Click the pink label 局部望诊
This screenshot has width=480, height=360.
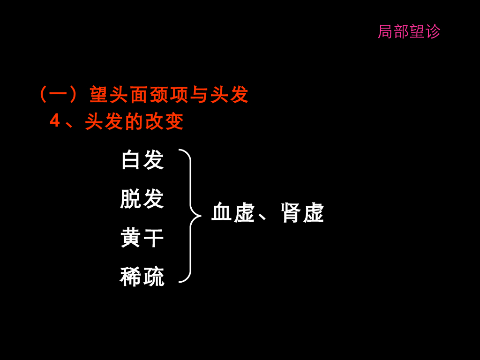(409, 32)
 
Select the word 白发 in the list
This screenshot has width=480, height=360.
(142, 160)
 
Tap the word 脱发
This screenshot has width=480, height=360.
(142, 199)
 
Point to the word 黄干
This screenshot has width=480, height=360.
(142, 238)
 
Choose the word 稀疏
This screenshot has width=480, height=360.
(142, 277)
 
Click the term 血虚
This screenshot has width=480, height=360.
(232, 213)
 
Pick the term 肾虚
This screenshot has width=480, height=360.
(302, 213)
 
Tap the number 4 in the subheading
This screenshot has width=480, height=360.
(55, 121)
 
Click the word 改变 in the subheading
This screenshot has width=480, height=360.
(165, 122)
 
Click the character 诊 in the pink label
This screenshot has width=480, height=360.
(433, 32)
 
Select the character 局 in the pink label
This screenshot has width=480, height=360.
(385, 32)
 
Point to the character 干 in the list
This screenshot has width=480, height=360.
(153, 238)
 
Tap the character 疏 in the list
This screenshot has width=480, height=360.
(153, 277)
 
